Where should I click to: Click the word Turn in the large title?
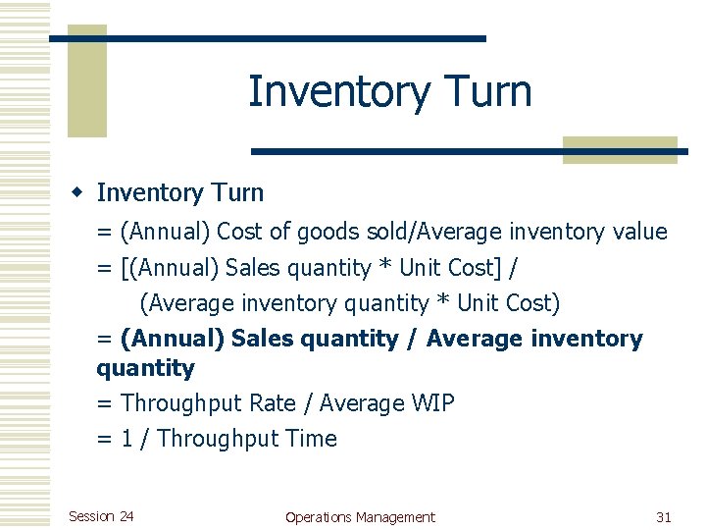(x=483, y=92)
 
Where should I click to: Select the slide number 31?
(x=664, y=517)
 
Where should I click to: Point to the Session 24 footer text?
(x=101, y=516)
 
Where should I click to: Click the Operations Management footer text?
(x=360, y=517)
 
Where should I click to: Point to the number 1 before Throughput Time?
(x=127, y=439)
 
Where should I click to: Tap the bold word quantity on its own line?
(x=145, y=369)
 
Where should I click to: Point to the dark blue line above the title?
(x=267, y=38)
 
